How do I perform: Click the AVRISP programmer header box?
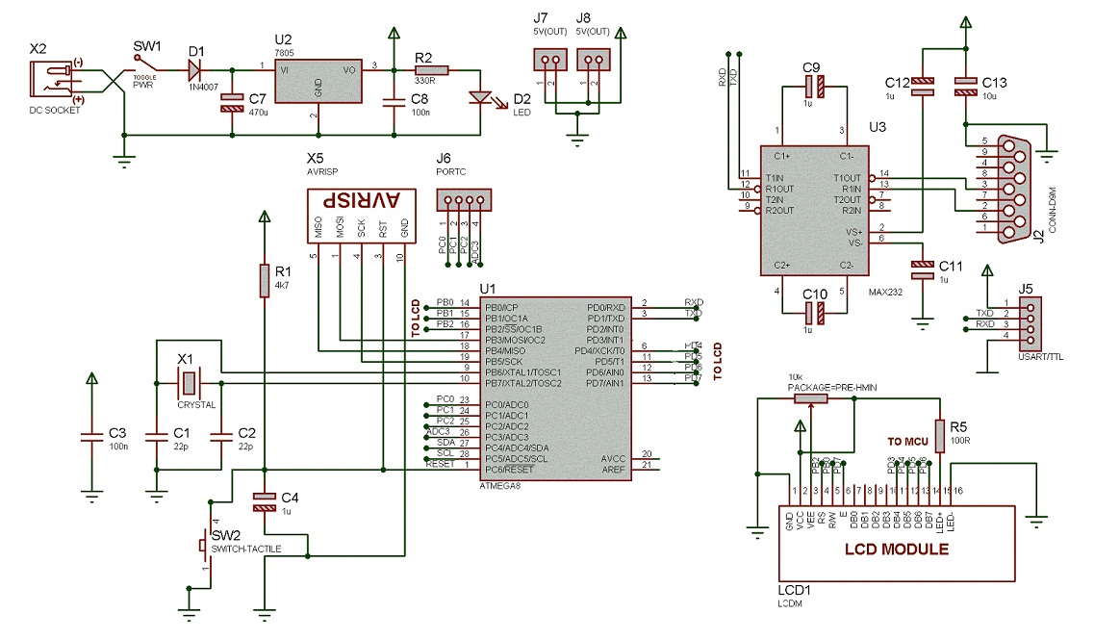[361, 202]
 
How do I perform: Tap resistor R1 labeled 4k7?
[264, 281]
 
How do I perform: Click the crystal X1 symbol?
[188, 383]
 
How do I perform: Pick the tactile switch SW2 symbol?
[204, 546]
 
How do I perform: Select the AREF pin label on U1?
[612, 469]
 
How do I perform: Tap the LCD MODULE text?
[897, 550]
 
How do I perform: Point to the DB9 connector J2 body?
[1009, 189]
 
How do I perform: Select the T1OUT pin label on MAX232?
[847, 177]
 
